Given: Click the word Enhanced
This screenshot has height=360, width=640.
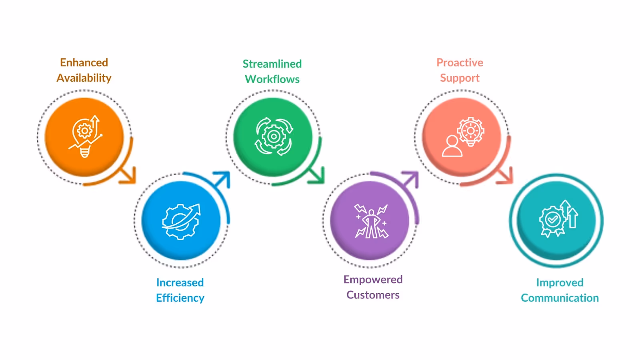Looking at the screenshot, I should pyautogui.click(x=84, y=63).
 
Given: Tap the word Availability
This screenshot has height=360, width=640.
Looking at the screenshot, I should pyautogui.click(x=84, y=78).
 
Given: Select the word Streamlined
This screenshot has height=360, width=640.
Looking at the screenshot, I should pyautogui.click(x=272, y=64).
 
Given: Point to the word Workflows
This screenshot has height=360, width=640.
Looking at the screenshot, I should pyautogui.click(x=272, y=79).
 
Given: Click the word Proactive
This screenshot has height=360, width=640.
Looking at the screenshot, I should pyautogui.click(x=460, y=63).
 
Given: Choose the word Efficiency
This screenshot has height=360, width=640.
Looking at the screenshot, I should pyautogui.click(x=180, y=298).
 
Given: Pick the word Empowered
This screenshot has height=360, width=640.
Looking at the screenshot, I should pyautogui.click(x=373, y=280).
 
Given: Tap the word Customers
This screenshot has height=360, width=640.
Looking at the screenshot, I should pyautogui.click(x=373, y=295).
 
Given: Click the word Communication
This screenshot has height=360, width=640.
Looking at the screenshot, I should pyautogui.click(x=560, y=298).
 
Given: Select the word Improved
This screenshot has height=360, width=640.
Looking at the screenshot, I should pyautogui.click(x=560, y=283).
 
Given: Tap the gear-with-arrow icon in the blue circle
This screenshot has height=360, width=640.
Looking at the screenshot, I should pyautogui.click(x=181, y=221).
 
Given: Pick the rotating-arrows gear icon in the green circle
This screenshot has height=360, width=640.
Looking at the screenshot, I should pyautogui.click(x=274, y=137).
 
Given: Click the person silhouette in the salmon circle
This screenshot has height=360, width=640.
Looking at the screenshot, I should pyautogui.click(x=452, y=146).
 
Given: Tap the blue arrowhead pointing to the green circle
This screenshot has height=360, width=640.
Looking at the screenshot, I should pyautogui.click(x=223, y=179).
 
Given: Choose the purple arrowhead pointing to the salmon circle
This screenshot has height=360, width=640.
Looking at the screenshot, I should pyautogui.click(x=411, y=179).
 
